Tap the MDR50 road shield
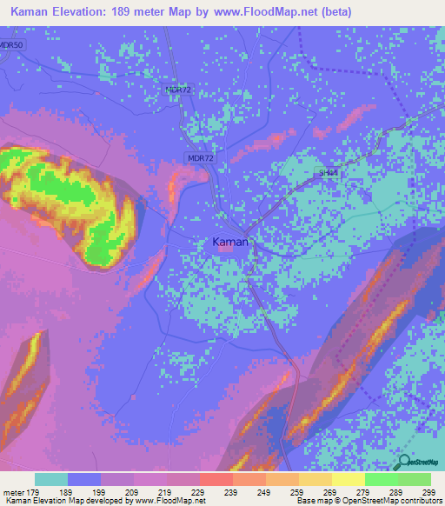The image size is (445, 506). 11,44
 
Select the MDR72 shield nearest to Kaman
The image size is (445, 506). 199,157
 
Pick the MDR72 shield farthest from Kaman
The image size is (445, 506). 177,90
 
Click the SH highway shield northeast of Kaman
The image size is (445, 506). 327,173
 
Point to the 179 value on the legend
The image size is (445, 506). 26,492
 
